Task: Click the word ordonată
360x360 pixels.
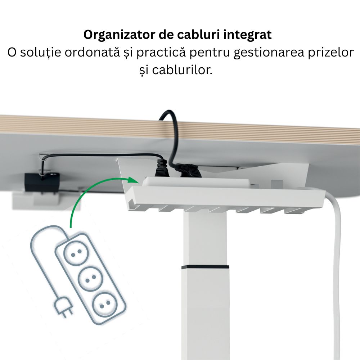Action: click(x=92, y=52)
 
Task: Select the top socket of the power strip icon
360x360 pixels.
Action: click(x=76, y=253)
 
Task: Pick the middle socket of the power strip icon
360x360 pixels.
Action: click(x=90, y=279)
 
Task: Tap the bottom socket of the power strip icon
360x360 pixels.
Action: click(x=105, y=305)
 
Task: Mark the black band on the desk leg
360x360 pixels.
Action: click(x=205, y=267)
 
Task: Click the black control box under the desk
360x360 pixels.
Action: click(x=42, y=181)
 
